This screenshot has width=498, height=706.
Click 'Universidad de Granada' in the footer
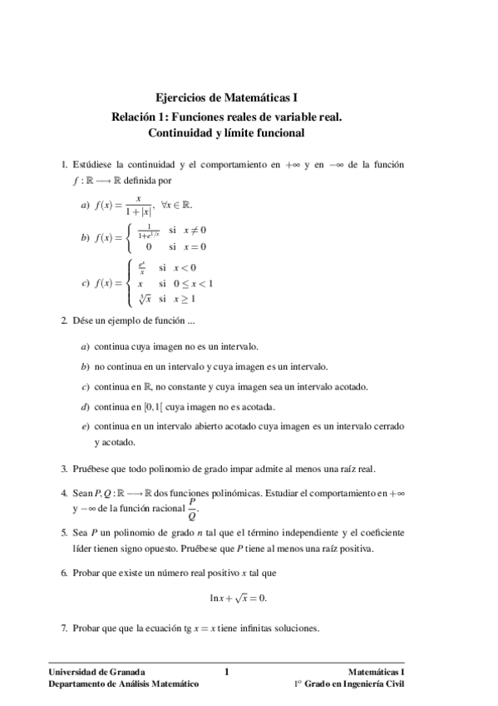click(97, 671)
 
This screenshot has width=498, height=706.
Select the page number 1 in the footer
click(227, 671)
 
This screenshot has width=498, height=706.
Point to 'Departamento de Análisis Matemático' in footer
click(124, 684)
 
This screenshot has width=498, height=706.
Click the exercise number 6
click(63, 573)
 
